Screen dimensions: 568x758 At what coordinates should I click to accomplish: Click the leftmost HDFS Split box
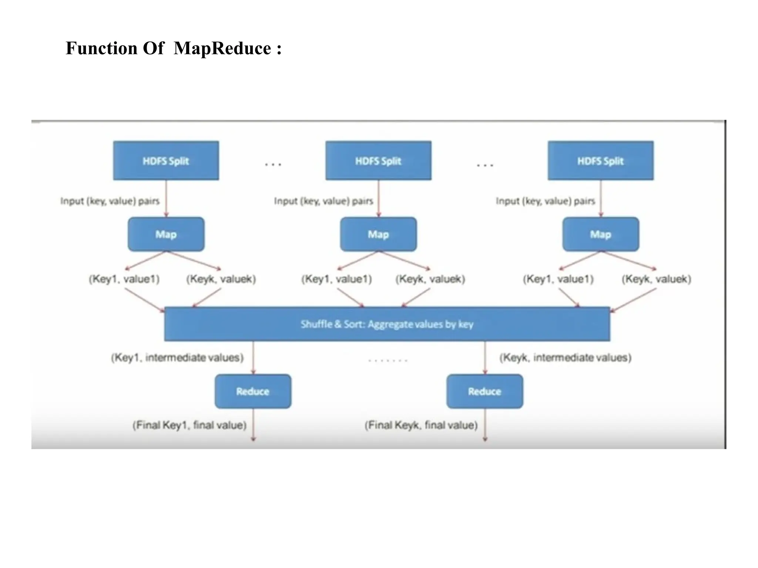(166, 160)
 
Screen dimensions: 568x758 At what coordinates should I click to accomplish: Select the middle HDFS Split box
(378, 160)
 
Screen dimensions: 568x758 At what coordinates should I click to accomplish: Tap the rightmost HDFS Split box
(600, 160)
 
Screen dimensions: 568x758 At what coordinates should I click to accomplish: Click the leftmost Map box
(166, 234)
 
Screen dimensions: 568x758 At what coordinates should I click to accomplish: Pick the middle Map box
(378, 234)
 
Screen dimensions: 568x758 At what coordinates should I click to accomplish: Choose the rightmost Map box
(600, 234)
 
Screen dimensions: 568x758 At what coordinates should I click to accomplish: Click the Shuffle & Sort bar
(387, 324)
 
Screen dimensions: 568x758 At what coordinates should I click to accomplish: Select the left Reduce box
(253, 391)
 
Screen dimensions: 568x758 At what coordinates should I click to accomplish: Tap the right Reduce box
(484, 391)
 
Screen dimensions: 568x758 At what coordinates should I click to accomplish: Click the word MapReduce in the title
(222, 48)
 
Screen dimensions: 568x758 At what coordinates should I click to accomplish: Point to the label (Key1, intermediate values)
(177, 358)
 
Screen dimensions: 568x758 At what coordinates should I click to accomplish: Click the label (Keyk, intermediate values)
(565, 358)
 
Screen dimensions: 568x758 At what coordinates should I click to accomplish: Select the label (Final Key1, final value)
(189, 425)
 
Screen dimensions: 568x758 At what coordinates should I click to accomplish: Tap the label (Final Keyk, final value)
(421, 425)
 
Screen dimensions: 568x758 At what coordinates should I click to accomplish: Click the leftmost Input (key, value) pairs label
(110, 201)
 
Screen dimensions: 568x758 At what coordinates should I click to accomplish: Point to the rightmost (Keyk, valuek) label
(656, 279)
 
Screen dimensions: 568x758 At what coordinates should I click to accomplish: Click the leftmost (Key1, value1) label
(124, 279)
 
